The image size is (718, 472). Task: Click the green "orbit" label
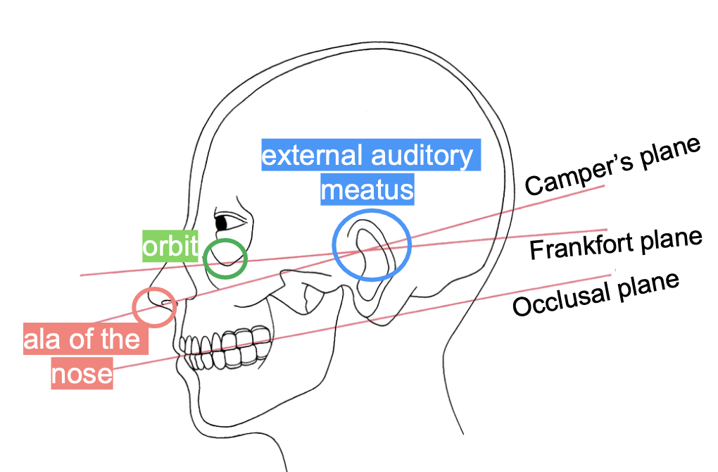170,246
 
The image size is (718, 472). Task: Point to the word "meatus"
367,190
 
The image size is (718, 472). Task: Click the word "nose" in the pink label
82,373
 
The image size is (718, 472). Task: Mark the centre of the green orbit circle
225,259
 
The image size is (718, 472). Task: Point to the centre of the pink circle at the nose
153,306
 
